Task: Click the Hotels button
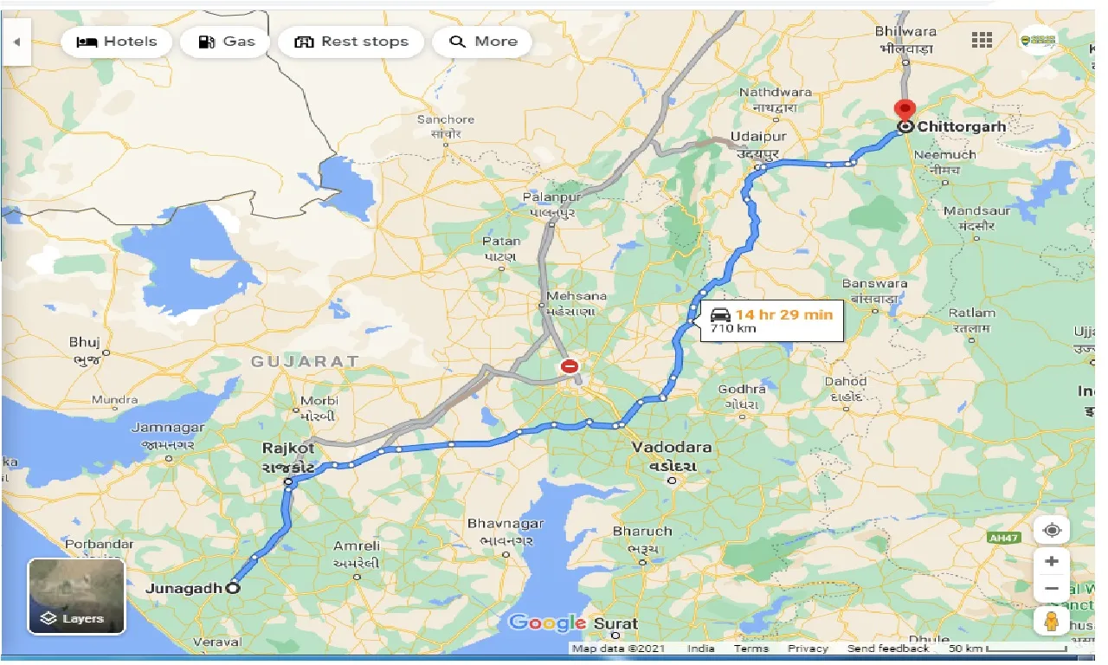click(x=117, y=42)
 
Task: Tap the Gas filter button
click(x=226, y=42)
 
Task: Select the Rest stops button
click(x=351, y=42)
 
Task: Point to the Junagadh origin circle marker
click(x=233, y=588)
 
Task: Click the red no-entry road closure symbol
click(x=569, y=366)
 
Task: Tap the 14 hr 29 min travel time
click(x=783, y=313)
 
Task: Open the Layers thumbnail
click(x=77, y=596)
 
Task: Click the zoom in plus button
click(x=1052, y=561)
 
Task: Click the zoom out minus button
click(x=1052, y=589)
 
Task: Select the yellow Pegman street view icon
click(x=1052, y=621)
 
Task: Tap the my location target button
click(x=1052, y=530)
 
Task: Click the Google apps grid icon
click(x=982, y=40)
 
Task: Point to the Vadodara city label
click(x=672, y=448)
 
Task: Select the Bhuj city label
click(x=85, y=342)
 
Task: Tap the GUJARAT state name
click(x=305, y=361)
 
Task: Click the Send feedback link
click(x=888, y=649)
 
